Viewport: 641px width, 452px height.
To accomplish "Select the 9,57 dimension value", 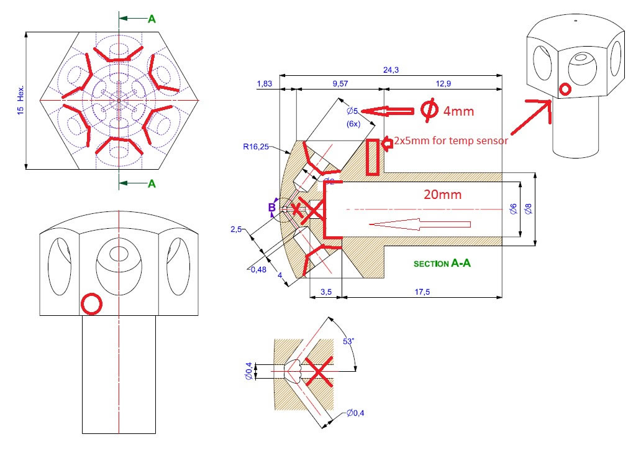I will pyautogui.click(x=340, y=83).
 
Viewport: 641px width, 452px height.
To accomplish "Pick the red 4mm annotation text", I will pyautogui.click(x=457, y=111).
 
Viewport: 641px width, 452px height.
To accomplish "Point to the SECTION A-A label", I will pyautogui.click(x=442, y=264).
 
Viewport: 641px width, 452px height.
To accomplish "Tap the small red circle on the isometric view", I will pyautogui.click(x=565, y=90).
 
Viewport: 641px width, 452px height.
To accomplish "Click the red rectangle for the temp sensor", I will pyautogui.click(x=372, y=157).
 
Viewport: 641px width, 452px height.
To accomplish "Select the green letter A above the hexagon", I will pyautogui.click(x=152, y=19).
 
